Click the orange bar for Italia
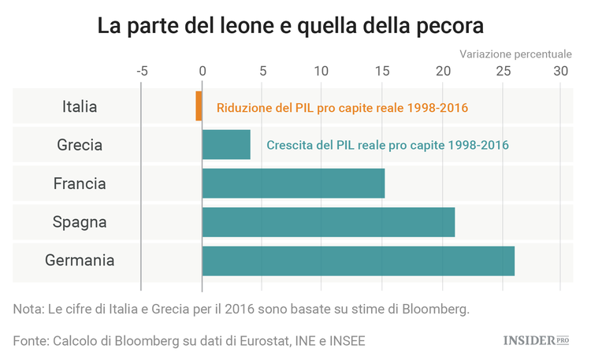coord(199,106)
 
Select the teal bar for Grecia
coord(226,145)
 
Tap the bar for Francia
coord(293,184)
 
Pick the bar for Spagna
coord(328,222)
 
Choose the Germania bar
coord(358,261)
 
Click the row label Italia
coord(80,106)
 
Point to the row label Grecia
coord(80,145)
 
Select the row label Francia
coord(80,184)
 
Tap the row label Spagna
coord(80,222)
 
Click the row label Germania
coord(80,261)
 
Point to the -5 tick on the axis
coord(142,70)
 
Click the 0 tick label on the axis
coord(203,70)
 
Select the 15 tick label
coord(381,70)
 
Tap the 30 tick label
coord(560,70)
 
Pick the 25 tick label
coord(500,70)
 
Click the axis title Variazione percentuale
coord(515,54)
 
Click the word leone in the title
coord(243,25)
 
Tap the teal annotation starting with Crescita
coord(388,145)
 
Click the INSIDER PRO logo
coord(536,340)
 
